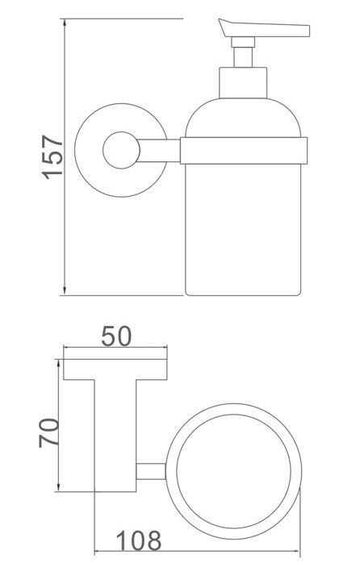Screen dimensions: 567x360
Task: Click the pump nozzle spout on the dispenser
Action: click(274, 31)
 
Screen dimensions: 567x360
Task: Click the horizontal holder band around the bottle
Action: click(242, 150)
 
